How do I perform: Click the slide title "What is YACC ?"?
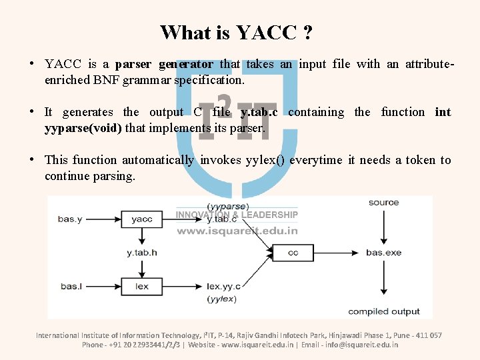(x=237, y=32)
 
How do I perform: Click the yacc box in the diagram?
(x=141, y=219)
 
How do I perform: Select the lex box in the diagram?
(x=141, y=286)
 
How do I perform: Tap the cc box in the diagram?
(x=293, y=253)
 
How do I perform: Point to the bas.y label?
(x=70, y=219)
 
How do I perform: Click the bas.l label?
(x=70, y=286)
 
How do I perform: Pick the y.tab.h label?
(x=141, y=253)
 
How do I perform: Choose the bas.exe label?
(x=383, y=253)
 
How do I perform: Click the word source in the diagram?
(x=383, y=203)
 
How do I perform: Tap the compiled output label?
(x=383, y=311)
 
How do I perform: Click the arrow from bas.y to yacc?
(x=103, y=219)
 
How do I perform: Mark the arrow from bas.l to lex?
(x=103, y=286)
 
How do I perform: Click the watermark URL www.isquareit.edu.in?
(x=237, y=231)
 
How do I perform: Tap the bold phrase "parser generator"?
(x=164, y=65)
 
